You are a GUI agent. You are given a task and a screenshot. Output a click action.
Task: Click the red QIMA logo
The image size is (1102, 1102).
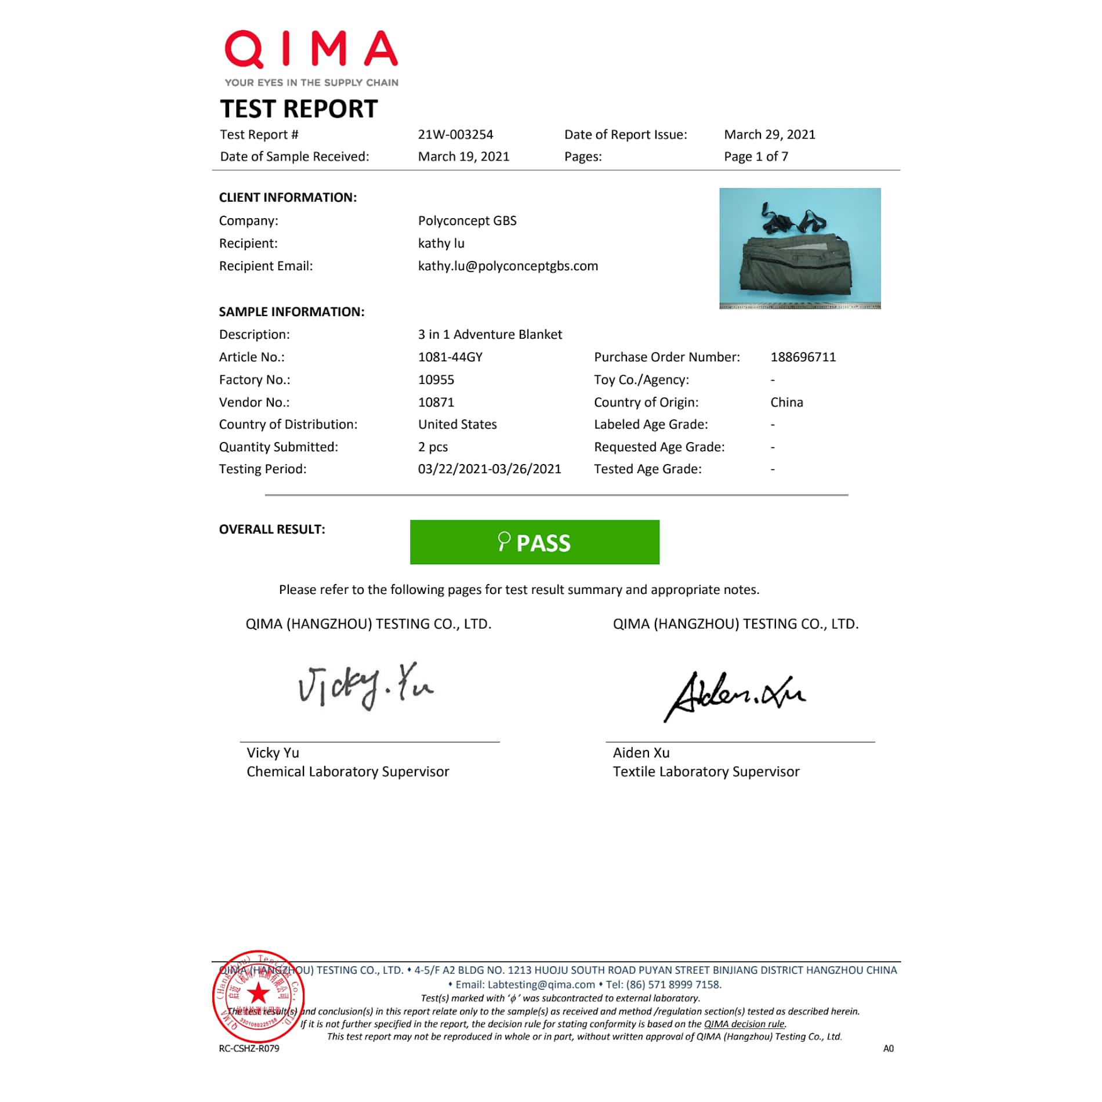311,50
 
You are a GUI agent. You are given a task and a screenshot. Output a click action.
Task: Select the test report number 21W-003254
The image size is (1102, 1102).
455,135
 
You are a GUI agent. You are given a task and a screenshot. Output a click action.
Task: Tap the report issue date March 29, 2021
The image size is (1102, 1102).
769,135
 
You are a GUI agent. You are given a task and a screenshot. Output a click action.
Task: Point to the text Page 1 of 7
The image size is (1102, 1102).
756,157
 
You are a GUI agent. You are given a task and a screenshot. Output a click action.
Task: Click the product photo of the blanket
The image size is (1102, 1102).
800,248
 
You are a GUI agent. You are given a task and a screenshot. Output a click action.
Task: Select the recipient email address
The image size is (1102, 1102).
507,266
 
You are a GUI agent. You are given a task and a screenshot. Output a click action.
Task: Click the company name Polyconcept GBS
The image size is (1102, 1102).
467,221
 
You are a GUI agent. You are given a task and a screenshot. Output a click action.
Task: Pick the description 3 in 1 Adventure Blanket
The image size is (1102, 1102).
490,335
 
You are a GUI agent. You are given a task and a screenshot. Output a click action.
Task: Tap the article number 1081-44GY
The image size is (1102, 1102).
450,357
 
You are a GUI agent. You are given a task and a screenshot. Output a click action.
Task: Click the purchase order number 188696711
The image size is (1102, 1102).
803,357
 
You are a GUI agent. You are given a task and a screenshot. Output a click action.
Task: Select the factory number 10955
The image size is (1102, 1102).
436,380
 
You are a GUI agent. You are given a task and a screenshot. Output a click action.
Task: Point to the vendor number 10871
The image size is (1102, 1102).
436,403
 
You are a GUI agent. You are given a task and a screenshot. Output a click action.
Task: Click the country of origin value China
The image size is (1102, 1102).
786,403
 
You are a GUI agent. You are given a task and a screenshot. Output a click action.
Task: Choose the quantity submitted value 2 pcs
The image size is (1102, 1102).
433,447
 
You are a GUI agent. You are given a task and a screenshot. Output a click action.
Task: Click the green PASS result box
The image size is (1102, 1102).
534,542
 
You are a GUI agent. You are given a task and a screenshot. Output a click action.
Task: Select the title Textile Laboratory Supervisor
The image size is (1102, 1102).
706,772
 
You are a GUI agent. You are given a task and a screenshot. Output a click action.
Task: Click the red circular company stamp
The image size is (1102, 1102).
258,996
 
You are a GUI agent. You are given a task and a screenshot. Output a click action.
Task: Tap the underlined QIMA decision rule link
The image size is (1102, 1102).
744,1024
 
